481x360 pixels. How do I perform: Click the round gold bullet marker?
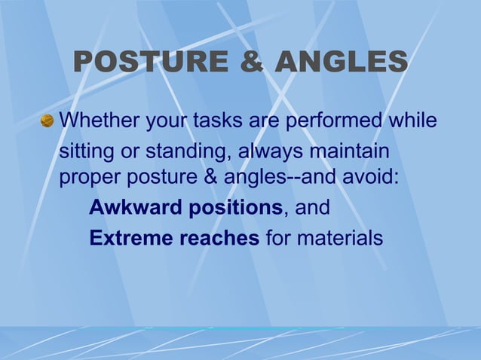tap(47, 121)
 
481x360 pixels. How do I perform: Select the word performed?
tap(332, 121)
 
